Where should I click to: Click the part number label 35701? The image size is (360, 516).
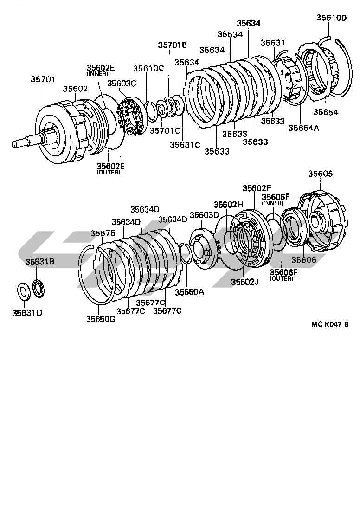(44, 79)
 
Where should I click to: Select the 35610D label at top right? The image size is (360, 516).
(331, 18)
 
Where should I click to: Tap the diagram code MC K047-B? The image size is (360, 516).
(330, 325)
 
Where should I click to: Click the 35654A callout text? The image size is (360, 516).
(303, 128)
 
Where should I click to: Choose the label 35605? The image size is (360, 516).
(321, 174)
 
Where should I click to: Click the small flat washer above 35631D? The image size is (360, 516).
(22, 291)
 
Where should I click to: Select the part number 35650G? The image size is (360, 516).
(100, 319)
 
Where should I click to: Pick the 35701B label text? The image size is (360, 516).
(172, 45)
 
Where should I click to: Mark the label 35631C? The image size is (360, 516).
(184, 144)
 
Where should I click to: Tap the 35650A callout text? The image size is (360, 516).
(189, 292)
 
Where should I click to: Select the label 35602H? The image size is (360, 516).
(228, 205)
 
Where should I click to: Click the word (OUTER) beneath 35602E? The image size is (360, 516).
(108, 173)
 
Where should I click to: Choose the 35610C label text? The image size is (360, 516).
(148, 68)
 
